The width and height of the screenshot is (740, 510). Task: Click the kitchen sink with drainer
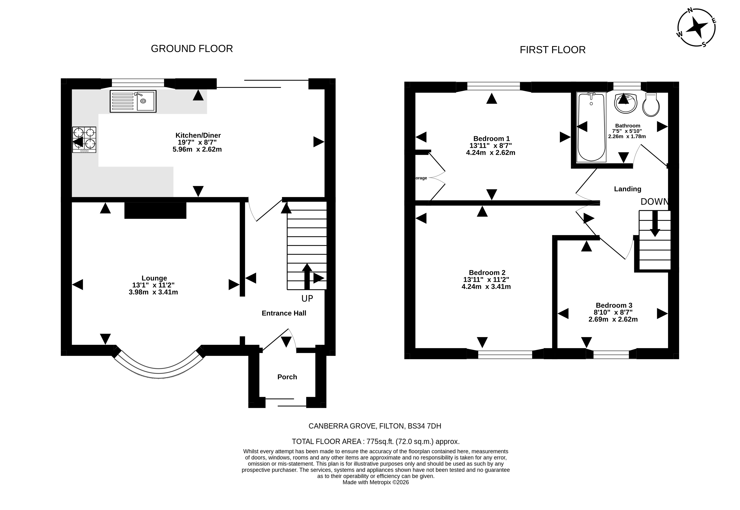[133, 101]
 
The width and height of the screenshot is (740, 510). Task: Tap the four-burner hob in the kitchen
[84, 140]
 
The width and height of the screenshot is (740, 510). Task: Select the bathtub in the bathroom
[591, 127]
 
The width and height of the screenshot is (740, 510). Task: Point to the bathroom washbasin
[626, 103]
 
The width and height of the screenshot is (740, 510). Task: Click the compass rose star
[696, 28]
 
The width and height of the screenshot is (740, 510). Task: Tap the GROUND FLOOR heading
[192, 49]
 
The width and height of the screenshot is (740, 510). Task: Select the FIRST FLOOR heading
[553, 50]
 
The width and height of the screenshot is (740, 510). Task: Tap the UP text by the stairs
[307, 298]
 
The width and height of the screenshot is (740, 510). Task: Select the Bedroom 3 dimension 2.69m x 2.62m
[613, 319]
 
